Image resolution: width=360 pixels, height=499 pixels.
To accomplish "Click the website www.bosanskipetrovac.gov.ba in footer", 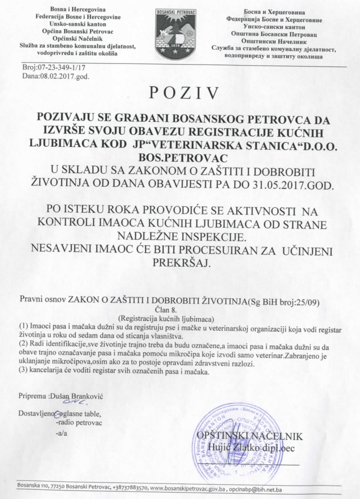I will (x=188, y=488).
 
